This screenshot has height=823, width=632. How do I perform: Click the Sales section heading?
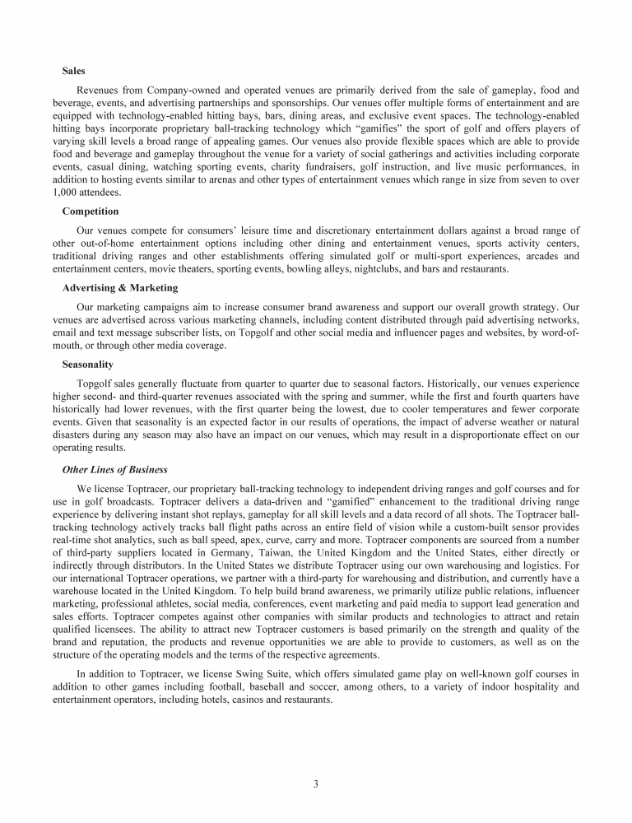pos(74,72)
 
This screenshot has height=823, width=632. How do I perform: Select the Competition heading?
pos(91,212)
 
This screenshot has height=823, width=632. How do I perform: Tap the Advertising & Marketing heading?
pos(120,288)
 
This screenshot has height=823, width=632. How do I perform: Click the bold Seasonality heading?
pos(88,364)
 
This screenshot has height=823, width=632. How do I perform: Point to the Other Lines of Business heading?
pos(114,469)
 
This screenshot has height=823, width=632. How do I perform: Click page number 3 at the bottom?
pos(316,783)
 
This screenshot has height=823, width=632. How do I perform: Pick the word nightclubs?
pos(388,269)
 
